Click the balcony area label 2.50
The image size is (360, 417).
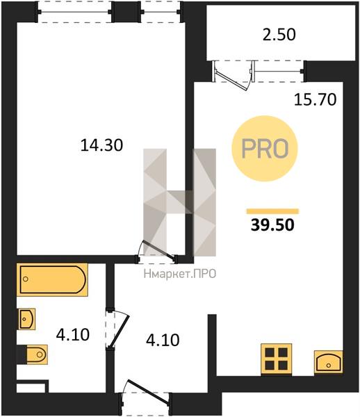[x=279, y=35]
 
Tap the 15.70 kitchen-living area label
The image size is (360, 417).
[x=315, y=99]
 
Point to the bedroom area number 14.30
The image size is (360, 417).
[x=101, y=145]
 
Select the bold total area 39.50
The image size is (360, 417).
[x=272, y=224]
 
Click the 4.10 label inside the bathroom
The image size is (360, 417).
[x=72, y=334]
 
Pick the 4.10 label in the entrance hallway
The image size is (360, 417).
[x=163, y=340]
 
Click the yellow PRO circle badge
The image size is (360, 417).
[x=265, y=149]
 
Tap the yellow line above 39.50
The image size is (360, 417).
[x=272, y=211]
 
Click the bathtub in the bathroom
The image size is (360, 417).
[x=52, y=279]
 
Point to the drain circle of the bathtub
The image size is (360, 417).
[x=26, y=279]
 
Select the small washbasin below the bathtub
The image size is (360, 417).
[x=26, y=319]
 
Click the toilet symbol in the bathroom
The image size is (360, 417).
[x=35, y=354]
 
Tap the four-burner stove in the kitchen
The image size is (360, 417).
[x=276, y=359]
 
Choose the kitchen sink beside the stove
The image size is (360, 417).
[x=329, y=362]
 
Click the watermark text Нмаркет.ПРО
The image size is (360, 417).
[x=180, y=274]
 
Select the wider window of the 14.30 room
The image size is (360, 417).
[x=74, y=12]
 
